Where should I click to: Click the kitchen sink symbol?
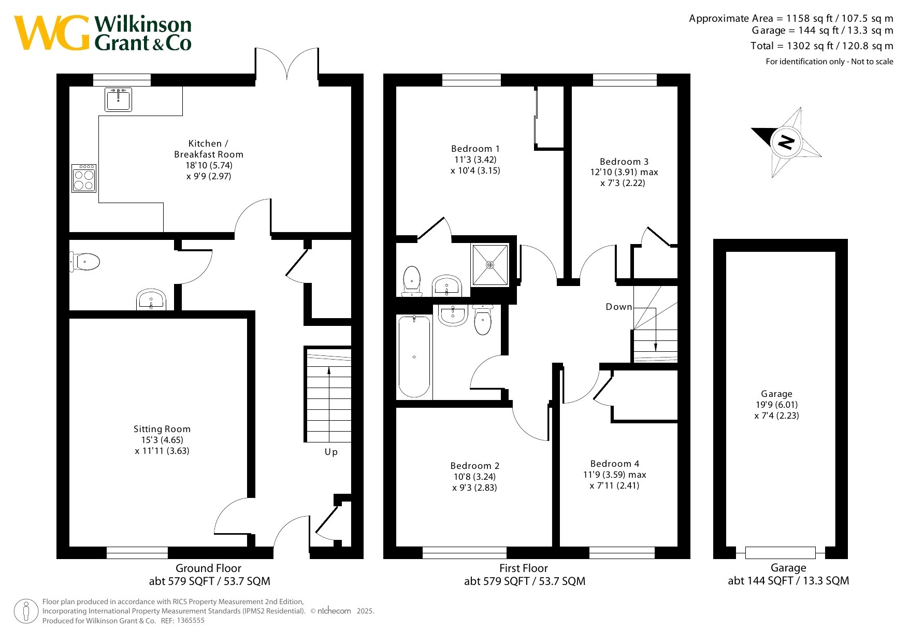[119, 99]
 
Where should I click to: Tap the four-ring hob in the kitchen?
[84, 178]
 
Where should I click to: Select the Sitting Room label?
[162, 429]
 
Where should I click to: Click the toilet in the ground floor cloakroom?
[84, 262]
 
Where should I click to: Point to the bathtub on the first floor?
[414, 356]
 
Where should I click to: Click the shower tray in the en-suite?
[489, 265]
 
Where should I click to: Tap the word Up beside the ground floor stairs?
[331, 452]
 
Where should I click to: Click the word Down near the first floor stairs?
[619, 307]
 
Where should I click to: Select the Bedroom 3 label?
[624, 162]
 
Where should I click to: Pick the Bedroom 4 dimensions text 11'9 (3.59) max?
[615, 475]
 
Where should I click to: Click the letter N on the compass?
[786, 141]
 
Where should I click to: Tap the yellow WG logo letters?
[52, 33]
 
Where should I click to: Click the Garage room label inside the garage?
[776, 394]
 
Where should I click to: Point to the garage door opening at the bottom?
[780, 552]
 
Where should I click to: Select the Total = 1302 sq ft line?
[822, 46]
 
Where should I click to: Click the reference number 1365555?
[191, 621]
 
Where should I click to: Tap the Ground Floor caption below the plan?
[208, 568]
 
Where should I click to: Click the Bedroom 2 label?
[475, 466]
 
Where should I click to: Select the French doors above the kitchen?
[286, 64]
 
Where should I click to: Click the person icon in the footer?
[26, 611]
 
